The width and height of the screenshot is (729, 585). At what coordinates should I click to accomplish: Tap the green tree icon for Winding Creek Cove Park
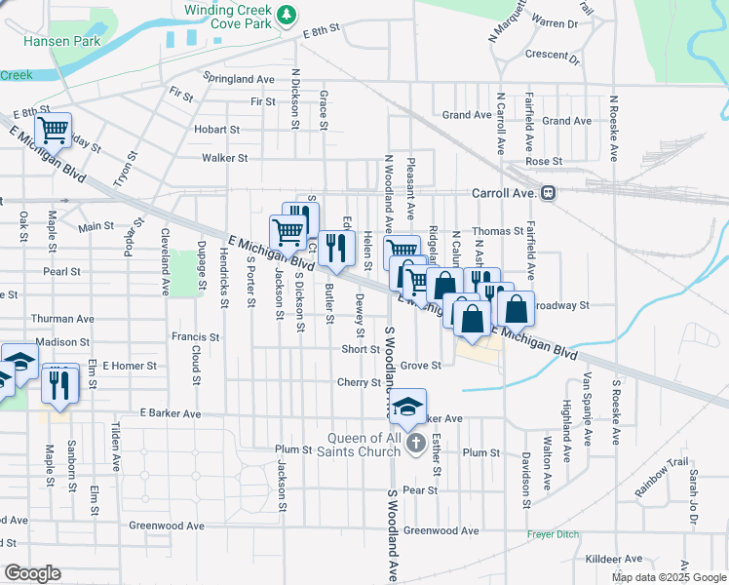(x=287, y=14)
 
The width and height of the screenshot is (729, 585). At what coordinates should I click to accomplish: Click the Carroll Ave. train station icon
(x=549, y=193)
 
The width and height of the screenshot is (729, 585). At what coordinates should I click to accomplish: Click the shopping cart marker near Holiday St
(x=54, y=130)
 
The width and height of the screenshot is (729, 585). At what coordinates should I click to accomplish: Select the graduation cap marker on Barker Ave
(x=409, y=407)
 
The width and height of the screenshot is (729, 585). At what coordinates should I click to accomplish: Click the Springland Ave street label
(x=239, y=78)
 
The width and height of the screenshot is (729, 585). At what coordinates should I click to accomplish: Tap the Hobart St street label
(x=216, y=129)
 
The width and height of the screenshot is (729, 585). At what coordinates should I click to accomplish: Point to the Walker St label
(x=224, y=158)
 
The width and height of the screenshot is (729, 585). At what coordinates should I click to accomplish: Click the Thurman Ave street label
(x=62, y=319)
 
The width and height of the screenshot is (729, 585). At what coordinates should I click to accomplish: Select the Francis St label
(x=196, y=336)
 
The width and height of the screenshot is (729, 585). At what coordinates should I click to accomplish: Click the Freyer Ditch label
(x=554, y=535)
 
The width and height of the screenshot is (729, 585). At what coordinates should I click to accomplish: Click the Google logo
(x=32, y=573)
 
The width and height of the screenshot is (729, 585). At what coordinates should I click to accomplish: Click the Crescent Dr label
(x=552, y=56)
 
